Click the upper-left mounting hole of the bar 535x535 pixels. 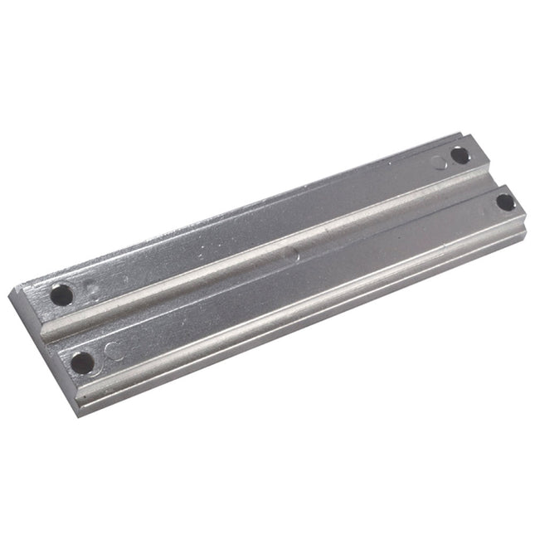[x=61, y=294]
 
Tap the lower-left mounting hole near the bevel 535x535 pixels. [x=81, y=362]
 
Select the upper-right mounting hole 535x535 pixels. [x=459, y=154]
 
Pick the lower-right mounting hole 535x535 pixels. [x=505, y=201]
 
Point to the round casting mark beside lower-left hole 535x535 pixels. [x=114, y=351]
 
